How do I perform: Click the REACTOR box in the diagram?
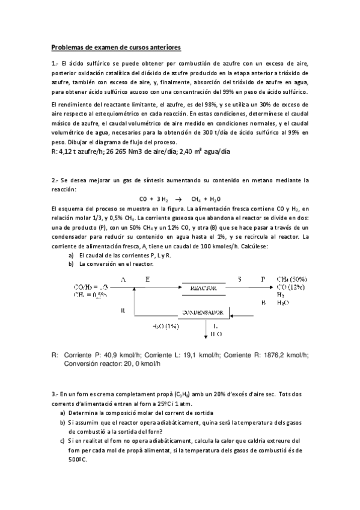(203, 289)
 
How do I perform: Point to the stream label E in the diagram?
(147, 279)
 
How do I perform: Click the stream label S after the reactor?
(239, 279)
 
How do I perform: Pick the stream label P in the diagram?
(262, 279)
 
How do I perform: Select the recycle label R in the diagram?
(123, 310)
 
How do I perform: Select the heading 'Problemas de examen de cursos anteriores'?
(116, 47)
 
